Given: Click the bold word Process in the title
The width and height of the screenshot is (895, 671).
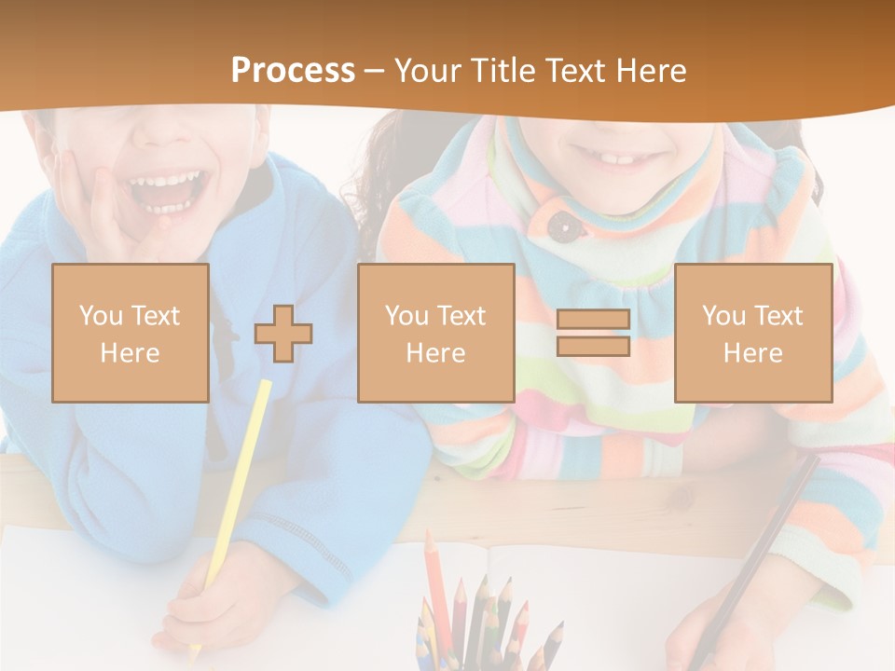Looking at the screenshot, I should coord(293,71).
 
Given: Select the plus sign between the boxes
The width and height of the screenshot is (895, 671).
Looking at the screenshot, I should coord(283,333).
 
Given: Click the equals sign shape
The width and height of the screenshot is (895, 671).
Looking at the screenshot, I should coord(593,333).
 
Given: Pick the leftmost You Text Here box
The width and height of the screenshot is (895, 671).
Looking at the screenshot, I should coord(131,333).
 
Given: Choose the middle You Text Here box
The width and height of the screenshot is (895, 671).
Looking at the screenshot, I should coord(435,333).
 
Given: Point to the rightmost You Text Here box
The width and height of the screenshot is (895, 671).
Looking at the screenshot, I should coord(752,333).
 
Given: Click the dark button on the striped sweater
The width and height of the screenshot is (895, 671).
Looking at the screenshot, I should coord(560,225).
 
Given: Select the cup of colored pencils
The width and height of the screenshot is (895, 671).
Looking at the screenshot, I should coord(485,624).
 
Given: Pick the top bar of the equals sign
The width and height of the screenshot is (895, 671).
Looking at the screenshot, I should coord(593,319).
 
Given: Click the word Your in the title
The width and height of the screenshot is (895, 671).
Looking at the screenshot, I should coord(430,71).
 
